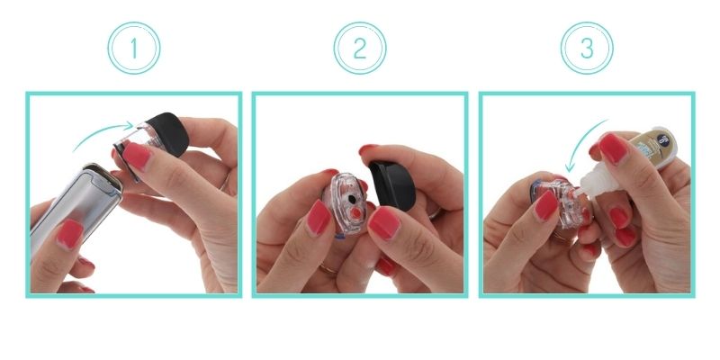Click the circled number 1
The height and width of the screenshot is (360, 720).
click(x=133, y=48)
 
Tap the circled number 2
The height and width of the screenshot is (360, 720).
click(x=360, y=48)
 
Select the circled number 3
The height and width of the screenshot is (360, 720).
click(x=587, y=48)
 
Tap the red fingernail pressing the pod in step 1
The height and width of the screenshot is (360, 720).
click(x=136, y=157)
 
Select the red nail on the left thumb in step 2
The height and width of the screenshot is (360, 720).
click(x=317, y=216)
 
